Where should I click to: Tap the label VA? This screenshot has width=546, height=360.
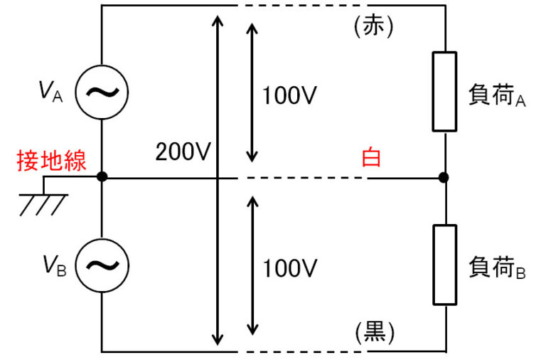[51, 92]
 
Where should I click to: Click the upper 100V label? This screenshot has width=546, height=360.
[289, 95]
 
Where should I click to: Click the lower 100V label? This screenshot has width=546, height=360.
[289, 269]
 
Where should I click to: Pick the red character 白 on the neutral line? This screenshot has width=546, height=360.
[371, 157]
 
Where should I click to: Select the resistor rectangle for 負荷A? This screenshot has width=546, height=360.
[444, 91]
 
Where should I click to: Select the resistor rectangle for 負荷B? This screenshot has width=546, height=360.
[444, 265]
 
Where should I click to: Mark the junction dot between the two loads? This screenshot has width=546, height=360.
[444, 176]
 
